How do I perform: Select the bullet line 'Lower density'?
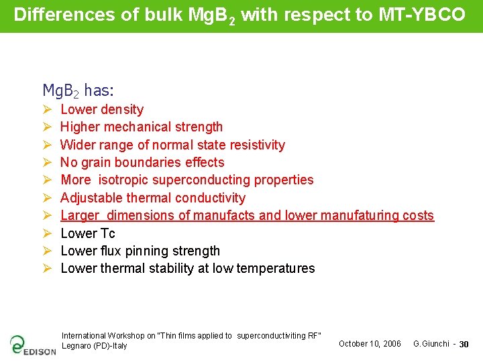coord(102,110)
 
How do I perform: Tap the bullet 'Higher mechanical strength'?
coord(142,127)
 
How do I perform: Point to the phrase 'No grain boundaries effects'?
coord(142,162)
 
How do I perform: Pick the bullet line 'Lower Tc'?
coord(88,233)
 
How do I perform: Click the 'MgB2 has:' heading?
coord(78,90)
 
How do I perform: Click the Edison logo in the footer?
coord(32,345)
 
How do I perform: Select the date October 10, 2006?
coord(370,344)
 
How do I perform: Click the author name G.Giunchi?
coord(431,344)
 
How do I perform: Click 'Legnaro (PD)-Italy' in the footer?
coord(95,346)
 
